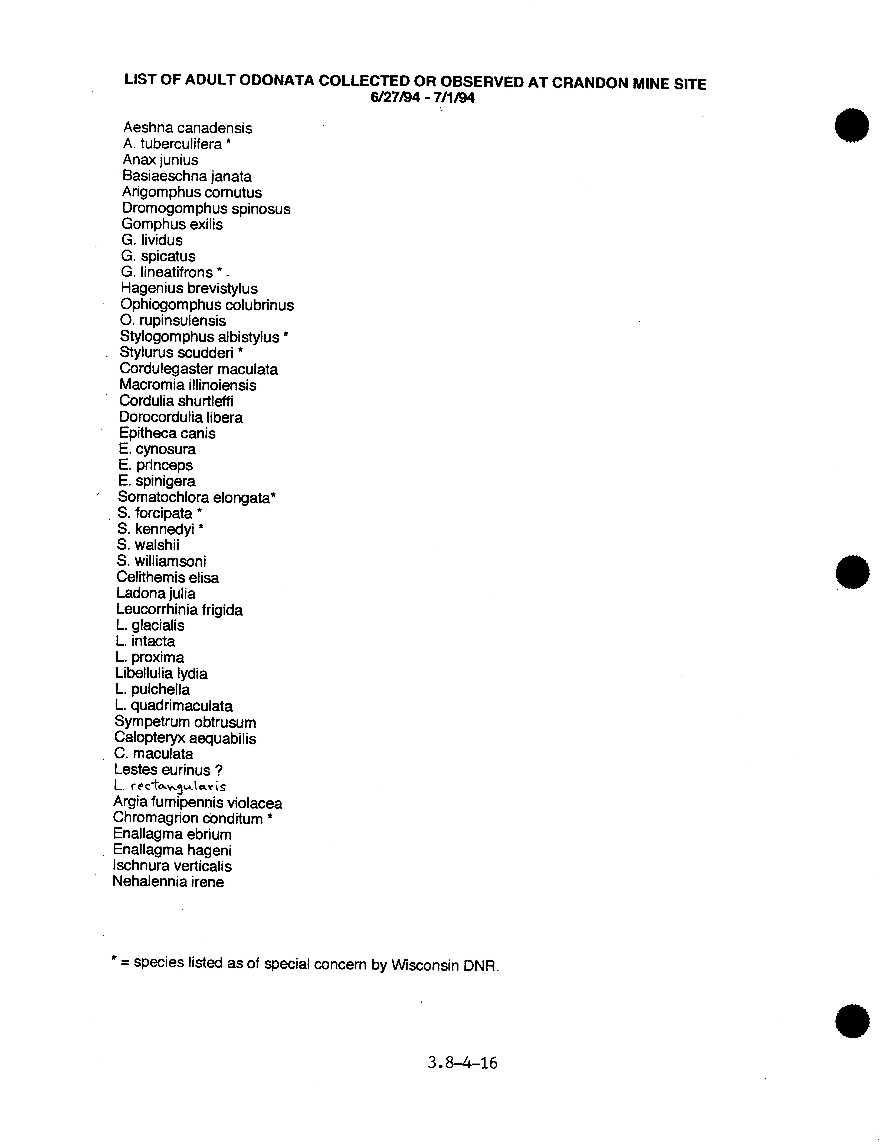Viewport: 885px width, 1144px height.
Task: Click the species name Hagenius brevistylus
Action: click(x=189, y=289)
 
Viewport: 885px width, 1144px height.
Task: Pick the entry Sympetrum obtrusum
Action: click(x=185, y=722)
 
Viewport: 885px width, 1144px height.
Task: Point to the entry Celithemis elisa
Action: click(x=168, y=578)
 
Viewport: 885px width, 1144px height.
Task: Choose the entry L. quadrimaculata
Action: click(x=174, y=706)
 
